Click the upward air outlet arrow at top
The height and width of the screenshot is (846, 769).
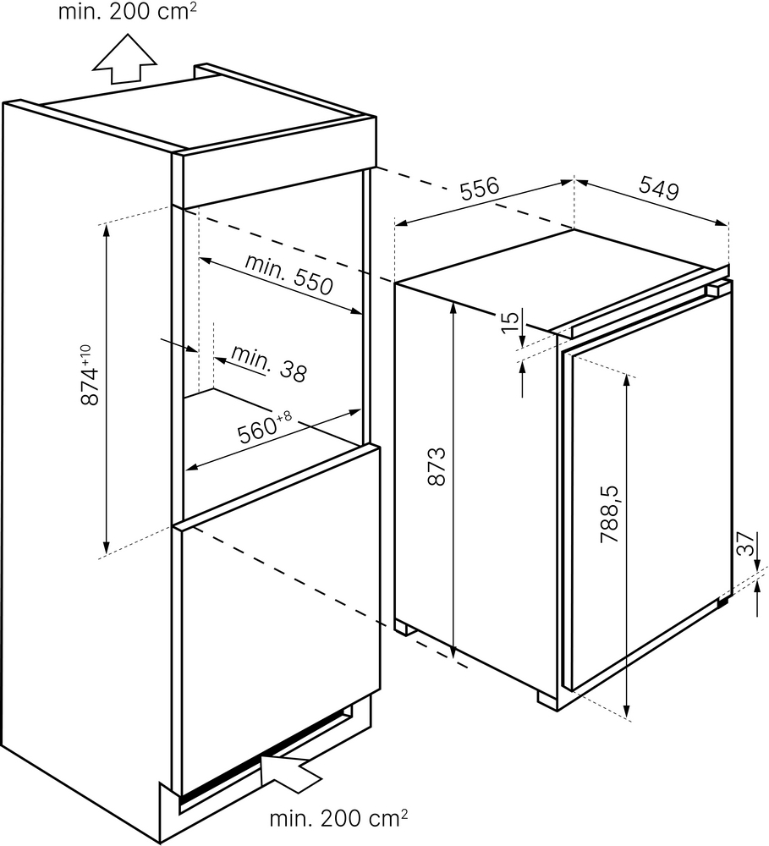click(124, 59)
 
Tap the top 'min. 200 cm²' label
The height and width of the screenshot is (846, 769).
click(127, 11)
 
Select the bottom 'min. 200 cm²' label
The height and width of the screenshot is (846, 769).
click(338, 818)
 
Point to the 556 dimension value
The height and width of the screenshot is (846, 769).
click(480, 190)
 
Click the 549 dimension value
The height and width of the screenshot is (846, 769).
click(659, 189)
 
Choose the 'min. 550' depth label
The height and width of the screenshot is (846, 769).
click(288, 274)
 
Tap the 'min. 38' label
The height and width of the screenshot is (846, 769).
click(269, 364)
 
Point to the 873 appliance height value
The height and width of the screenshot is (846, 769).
click(437, 466)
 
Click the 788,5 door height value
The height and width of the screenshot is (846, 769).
click(610, 514)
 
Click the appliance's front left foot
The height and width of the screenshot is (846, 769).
click(547, 700)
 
